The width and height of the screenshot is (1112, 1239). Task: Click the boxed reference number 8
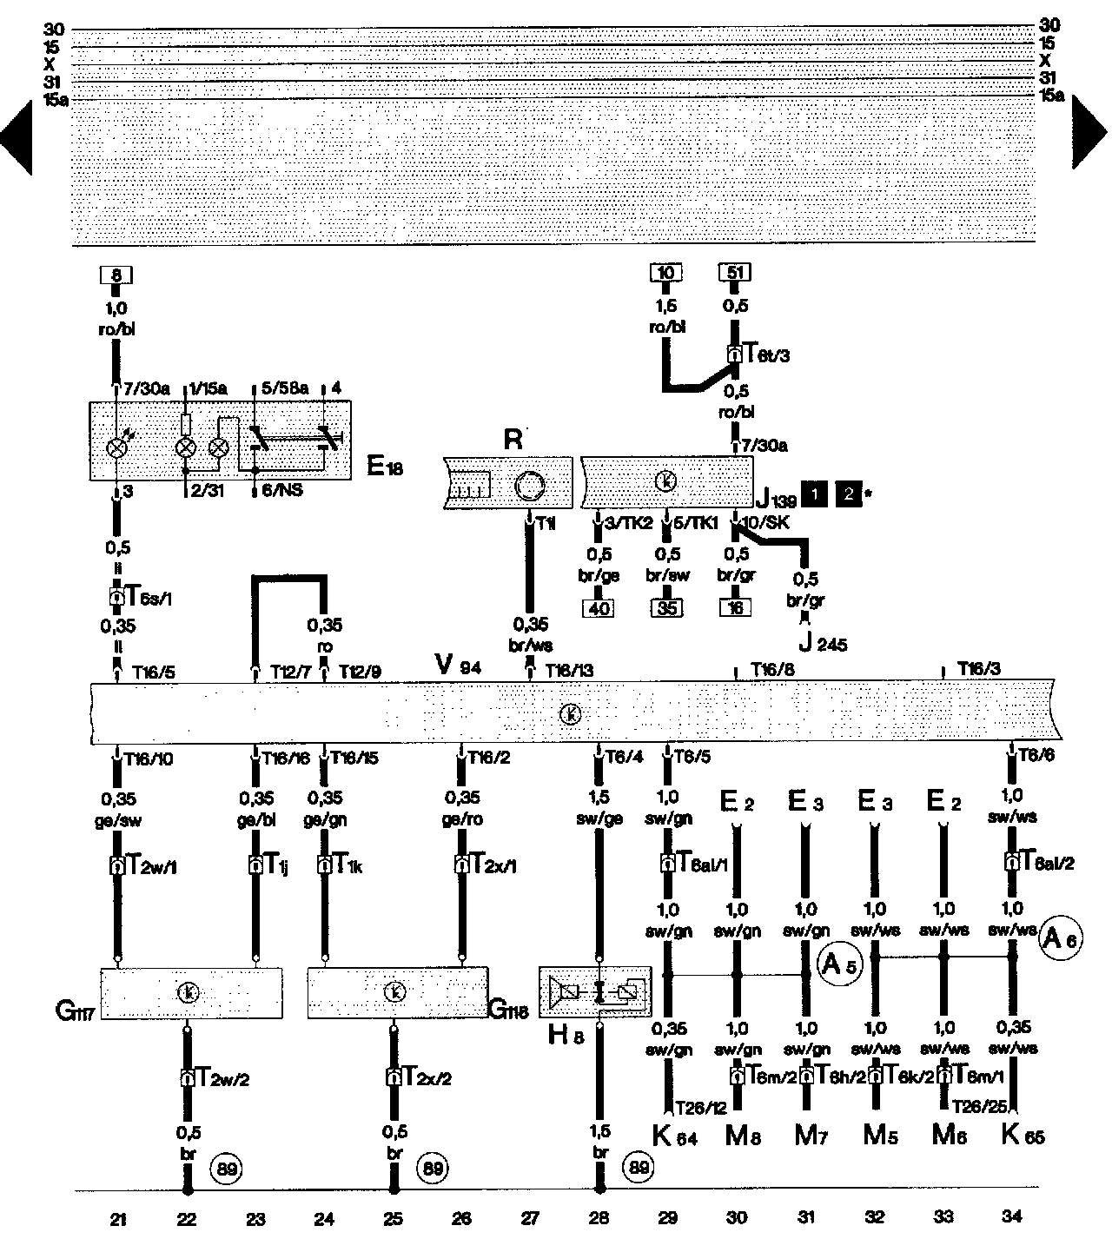pyautogui.click(x=117, y=276)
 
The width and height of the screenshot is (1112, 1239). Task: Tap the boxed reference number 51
pyautogui.click(x=735, y=273)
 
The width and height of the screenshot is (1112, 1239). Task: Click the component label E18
pyautogui.click(x=385, y=467)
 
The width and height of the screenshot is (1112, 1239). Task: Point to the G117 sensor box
pyautogui.click(x=192, y=992)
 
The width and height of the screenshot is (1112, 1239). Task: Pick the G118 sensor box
pyautogui.click(x=398, y=992)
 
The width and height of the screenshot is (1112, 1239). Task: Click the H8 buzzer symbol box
pyautogui.click(x=596, y=991)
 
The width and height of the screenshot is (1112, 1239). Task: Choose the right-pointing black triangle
pyautogui.click(x=1089, y=130)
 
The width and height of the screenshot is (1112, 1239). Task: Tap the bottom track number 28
pyautogui.click(x=598, y=1218)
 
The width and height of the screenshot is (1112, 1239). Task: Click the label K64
pyautogui.click(x=674, y=1136)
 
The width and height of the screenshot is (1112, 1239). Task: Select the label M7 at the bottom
pyautogui.click(x=810, y=1136)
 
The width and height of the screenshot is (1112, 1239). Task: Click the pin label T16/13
pyautogui.click(x=569, y=670)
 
